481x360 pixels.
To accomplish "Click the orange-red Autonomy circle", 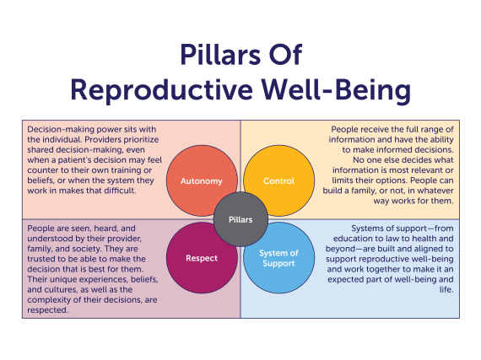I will click(x=201, y=180).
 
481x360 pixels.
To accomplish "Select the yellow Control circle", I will click(x=278, y=180).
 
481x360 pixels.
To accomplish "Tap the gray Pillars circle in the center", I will click(x=240, y=218).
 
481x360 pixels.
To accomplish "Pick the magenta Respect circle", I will click(x=201, y=257).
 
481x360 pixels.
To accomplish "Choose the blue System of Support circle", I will click(x=278, y=257).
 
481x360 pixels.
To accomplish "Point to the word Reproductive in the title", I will click(x=154, y=89).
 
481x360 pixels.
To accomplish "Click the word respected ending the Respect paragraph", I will click(x=48, y=311).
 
